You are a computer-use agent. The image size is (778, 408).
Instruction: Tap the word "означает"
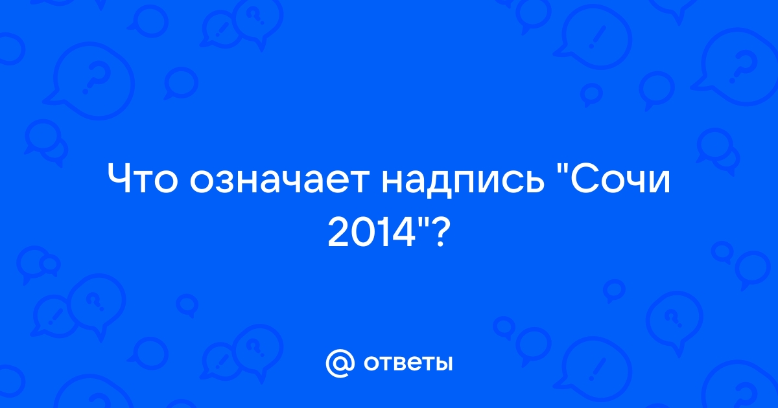(279, 181)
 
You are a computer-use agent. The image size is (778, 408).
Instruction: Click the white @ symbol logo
(340, 363)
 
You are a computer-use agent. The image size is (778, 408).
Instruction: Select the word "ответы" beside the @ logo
(408, 363)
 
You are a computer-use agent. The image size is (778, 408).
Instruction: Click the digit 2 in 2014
(338, 232)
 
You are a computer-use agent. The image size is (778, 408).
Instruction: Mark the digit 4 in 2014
(405, 232)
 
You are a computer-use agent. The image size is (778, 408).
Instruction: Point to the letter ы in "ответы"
(442, 363)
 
